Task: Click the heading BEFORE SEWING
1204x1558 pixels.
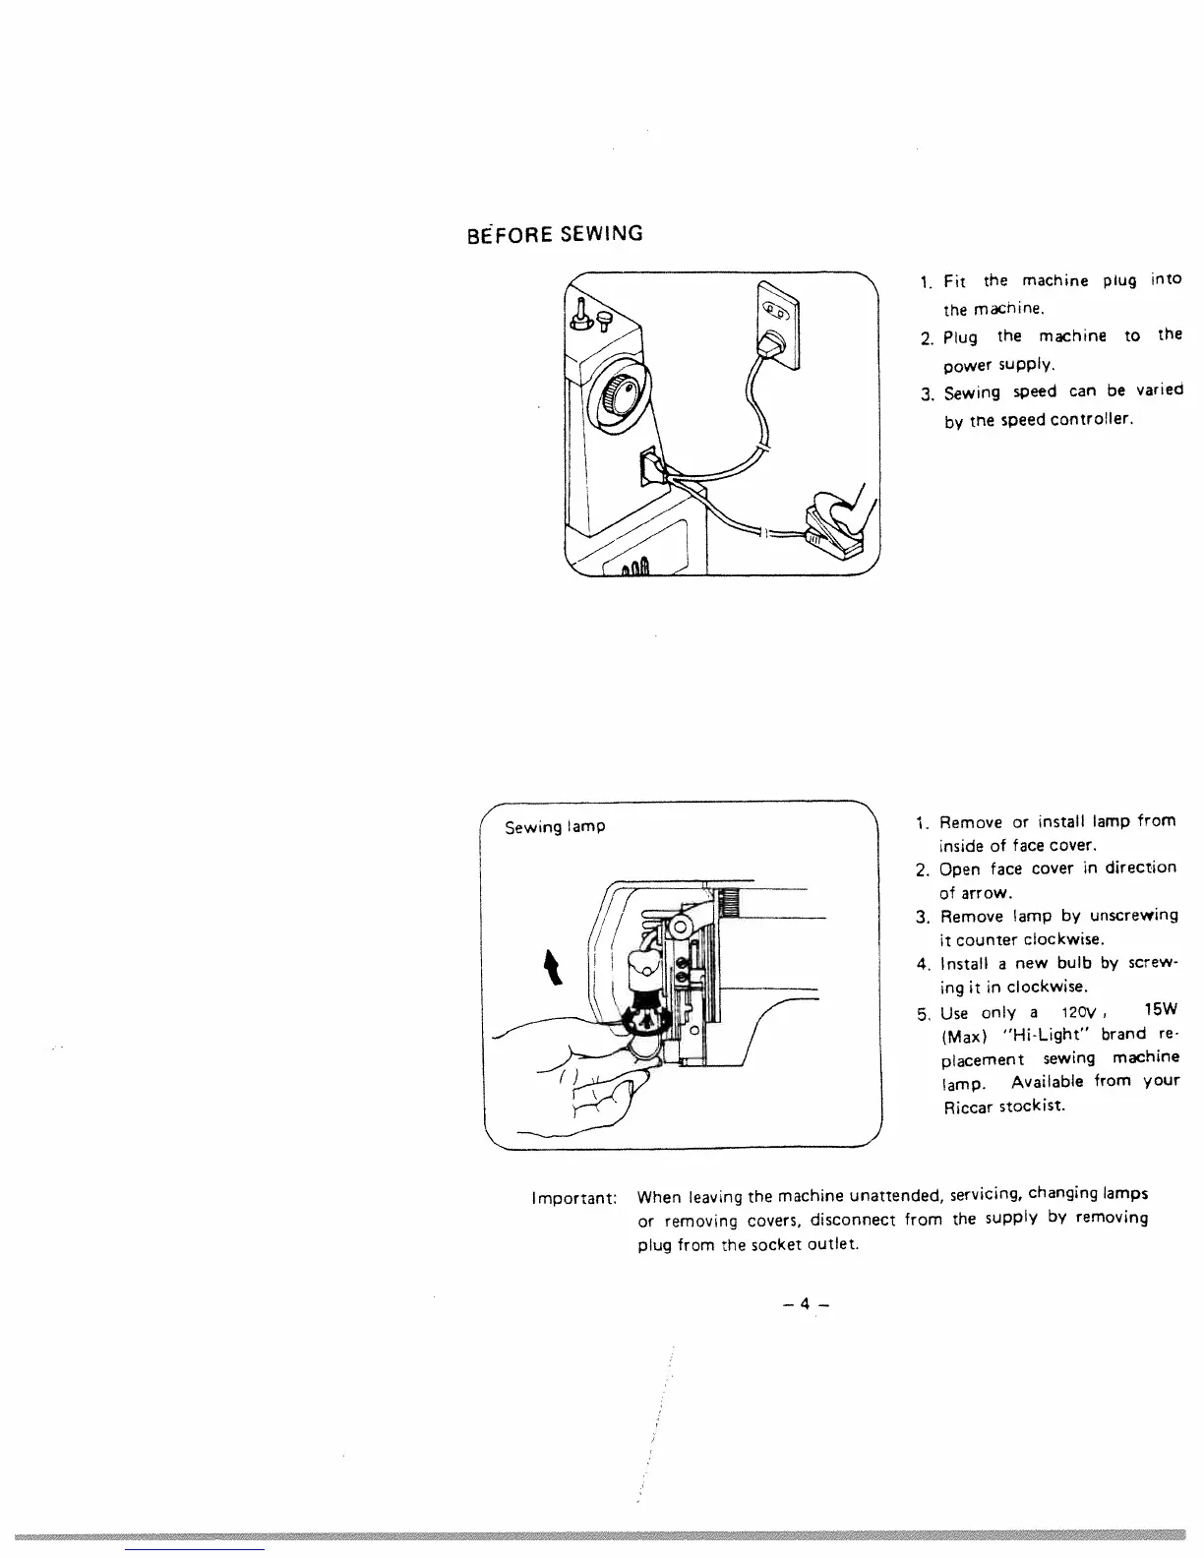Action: click(x=555, y=234)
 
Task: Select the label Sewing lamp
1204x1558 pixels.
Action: click(x=555, y=827)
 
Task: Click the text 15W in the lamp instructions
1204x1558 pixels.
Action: click(x=1161, y=1010)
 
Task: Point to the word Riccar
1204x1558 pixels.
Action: click(x=964, y=1107)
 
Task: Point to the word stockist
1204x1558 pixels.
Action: click(x=1030, y=1107)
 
